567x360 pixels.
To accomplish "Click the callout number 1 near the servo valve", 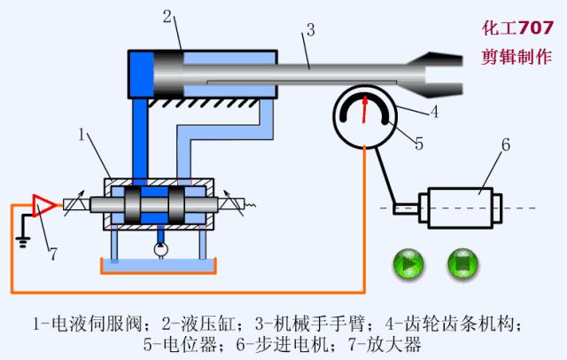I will (x=82, y=136).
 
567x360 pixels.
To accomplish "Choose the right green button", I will (x=463, y=263).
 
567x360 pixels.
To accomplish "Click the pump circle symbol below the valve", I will (x=160, y=251).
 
